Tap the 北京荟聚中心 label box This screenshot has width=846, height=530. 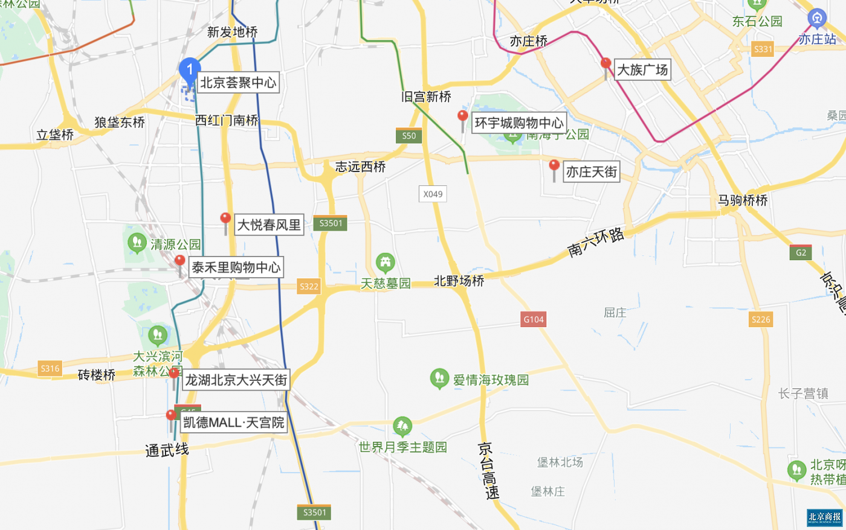click(x=238, y=83)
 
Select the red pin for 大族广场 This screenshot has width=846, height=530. click(x=605, y=65)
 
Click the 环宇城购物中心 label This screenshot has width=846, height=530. click(x=518, y=123)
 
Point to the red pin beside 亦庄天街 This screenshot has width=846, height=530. click(x=554, y=166)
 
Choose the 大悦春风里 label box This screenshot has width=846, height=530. click(x=269, y=225)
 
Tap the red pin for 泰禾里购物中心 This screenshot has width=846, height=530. click(x=179, y=262)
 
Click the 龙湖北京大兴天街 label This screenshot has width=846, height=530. click(x=236, y=380)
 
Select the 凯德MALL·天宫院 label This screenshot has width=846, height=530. click(x=233, y=423)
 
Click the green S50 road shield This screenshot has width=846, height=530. click(x=409, y=136)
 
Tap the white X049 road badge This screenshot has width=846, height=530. click(x=433, y=194)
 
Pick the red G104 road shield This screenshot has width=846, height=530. click(x=534, y=319)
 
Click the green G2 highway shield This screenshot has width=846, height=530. click(x=801, y=252)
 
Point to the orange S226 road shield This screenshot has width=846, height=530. click(x=760, y=319)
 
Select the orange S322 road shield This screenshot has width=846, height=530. click(x=309, y=287)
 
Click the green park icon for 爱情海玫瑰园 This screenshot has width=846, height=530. click(x=439, y=378)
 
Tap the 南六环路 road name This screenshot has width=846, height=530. click(x=596, y=242)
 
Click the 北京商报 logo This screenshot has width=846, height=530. click(x=825, y=517)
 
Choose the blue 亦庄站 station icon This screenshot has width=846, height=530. click(x=817, y=19)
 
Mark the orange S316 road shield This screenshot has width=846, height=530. click(x=50, y=368)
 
